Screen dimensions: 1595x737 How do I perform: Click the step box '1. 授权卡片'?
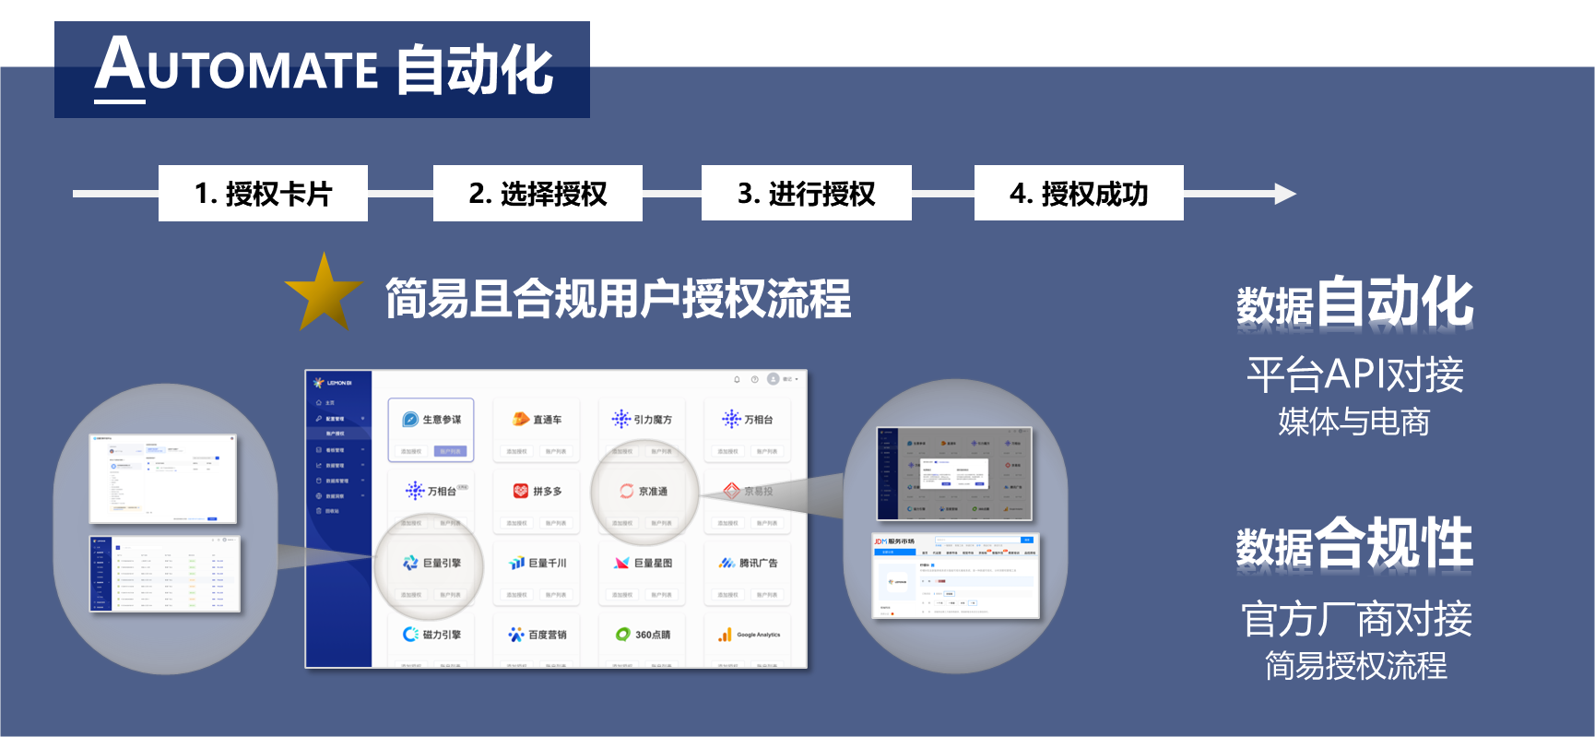[x=263, y=194]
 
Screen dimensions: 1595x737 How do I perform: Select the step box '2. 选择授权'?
[x=538, y=194]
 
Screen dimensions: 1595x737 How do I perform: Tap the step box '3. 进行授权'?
[x=806, y=194]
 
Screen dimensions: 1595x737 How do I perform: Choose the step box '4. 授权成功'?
[x=1079, y=194]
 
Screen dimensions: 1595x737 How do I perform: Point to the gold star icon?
[x=324, y=293]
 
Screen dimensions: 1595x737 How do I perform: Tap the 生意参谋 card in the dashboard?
[x=431, y=421]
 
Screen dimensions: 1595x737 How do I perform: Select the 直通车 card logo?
[x=521, y=420]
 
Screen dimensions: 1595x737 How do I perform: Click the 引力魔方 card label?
[x=653, y=420]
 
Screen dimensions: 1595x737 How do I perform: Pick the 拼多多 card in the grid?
[x=537, y=492]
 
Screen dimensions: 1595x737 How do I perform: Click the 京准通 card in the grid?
[x=643, y=492]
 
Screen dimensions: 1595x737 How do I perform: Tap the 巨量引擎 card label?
[x=442, y=563]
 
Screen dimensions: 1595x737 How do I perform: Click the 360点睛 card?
[x=643, y=635]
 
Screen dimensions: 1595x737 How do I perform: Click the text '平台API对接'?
[x=1354, y=374]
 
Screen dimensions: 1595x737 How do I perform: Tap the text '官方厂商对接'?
[x=1355, y=619]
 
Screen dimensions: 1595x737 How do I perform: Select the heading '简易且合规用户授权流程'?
[x=618, y=298]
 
